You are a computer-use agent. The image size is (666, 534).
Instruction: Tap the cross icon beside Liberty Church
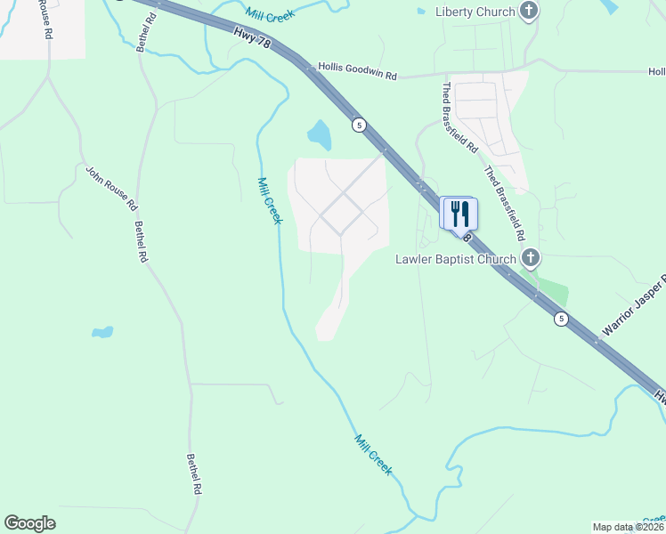tap(530, 12)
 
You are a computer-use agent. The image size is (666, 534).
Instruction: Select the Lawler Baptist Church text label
tap(455, 259)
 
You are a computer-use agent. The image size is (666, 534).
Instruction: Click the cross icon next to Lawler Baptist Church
tap(530, 259)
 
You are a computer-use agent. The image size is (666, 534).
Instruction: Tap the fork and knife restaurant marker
tap(460, 214)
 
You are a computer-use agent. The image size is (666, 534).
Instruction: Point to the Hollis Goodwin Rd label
tap(357, 71)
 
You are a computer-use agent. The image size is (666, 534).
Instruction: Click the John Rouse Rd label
tap(111, 187)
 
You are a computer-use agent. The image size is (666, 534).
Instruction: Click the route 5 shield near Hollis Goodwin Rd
tap(359, 124)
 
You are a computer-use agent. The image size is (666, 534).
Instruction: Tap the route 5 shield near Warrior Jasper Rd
tap(560, 319)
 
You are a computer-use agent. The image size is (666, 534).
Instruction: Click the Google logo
tap(30, 523)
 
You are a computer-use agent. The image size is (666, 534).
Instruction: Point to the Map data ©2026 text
tap(628, 527)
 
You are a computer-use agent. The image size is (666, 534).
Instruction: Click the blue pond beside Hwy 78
tap(319, 134)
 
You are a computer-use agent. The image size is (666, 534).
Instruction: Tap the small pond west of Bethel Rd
tap(102, 333)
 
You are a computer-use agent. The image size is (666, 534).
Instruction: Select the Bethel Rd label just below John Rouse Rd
tap(140, 242)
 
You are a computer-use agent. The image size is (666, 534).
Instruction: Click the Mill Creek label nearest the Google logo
tap(373, 454)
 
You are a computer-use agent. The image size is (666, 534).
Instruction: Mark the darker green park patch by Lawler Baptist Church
tap(552, 289)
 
